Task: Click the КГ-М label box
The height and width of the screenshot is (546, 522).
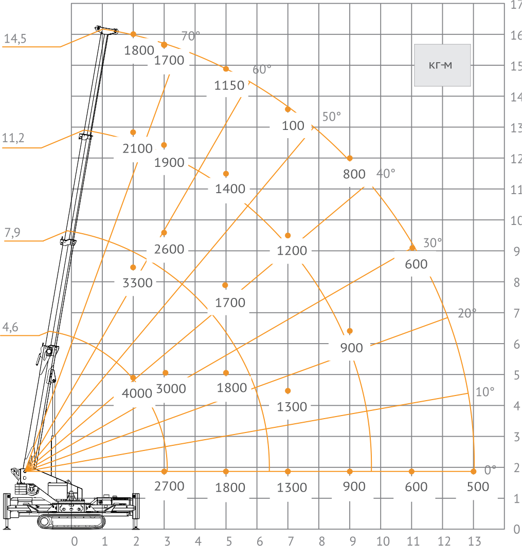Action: click(x=442, y=65)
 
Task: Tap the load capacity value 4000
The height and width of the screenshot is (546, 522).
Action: click(x=137, y=393)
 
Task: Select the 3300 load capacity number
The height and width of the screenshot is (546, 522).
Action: click(x=137, y=283)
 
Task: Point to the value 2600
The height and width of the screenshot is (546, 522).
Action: click(x=169, y=249)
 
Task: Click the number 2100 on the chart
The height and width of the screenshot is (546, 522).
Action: click(x=137, y=148)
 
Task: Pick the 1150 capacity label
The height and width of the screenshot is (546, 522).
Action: click(x=229, y=85)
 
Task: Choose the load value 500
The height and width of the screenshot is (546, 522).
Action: click(x=478, y=486)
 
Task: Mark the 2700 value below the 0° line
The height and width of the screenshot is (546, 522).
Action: click(x=169, y=486)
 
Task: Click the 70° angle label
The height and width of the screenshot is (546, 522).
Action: click(x=191, y=36)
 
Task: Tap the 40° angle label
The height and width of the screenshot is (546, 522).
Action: click(x=386, y=173)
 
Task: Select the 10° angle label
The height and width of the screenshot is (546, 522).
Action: click(x=485, y=392)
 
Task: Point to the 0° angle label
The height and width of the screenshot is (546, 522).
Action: click(x=490, y=470)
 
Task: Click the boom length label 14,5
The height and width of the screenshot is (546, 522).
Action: click(x=15, y=39)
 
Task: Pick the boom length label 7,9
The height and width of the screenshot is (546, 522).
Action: click(x=12, y=232)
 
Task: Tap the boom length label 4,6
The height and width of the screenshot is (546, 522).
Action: click(x=10, y=327)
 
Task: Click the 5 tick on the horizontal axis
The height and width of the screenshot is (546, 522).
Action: click(x=229, y=541)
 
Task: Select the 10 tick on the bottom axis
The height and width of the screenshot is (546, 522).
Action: click(x=383, y=541)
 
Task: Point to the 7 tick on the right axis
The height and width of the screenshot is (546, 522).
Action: click(x=517, y=313)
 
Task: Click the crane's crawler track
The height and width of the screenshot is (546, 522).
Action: click(x=71, y=521)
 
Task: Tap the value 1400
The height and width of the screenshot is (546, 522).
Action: click(x=230, y=189)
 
